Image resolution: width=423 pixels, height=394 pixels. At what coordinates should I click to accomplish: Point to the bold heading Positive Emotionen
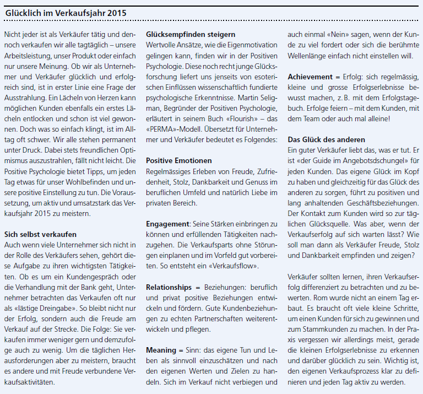point(179,160)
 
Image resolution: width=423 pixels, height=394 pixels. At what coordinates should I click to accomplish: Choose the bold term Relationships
point(169,287)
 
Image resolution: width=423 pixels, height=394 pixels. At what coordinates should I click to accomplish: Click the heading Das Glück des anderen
point(326,139)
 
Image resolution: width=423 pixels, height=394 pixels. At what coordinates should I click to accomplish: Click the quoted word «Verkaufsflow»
point(230,266)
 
